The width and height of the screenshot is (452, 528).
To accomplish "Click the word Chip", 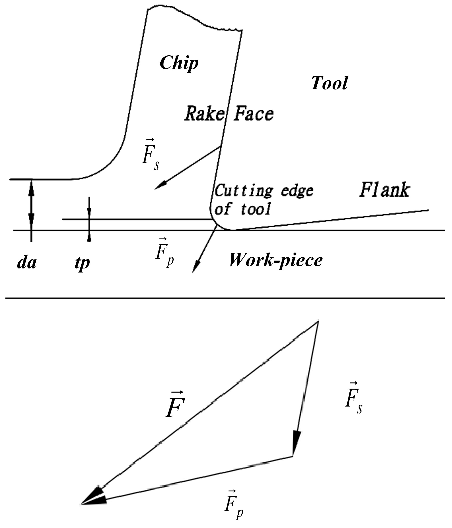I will [179, 63].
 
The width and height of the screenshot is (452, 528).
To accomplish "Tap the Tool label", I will [329, 83].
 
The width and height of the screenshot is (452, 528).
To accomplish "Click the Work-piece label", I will [276, 261].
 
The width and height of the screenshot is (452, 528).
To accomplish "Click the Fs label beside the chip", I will [151, 155].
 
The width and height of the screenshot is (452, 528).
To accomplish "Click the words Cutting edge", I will [264, 191].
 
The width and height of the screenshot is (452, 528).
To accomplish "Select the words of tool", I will [242, 209].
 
